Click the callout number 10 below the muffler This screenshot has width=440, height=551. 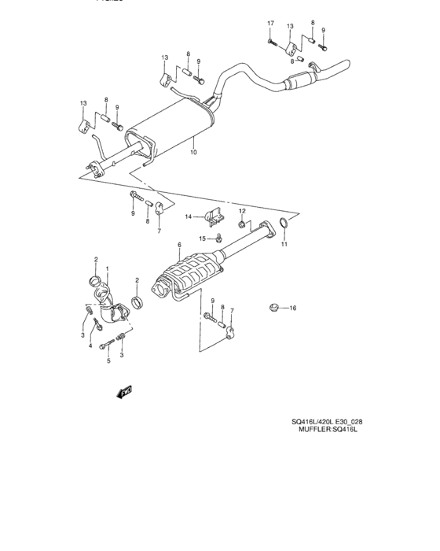click(x=193, y=153)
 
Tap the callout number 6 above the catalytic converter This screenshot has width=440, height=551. click(x=179, y=246)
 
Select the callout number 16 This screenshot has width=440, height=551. click(x=292, y=307)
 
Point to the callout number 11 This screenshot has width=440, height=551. click(x=284, y=245)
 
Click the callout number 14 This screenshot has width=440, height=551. click(x=189, y=216)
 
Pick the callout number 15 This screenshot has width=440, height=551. click(x=201, y=238)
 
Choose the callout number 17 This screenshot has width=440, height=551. click(x=269, y=23)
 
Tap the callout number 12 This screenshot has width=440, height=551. click(x=243, y=211)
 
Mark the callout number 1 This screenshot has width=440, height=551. click(x=107, y=270)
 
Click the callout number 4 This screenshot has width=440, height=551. click(x=91, y=346)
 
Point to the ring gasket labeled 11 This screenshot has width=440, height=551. click(x=286, y=229)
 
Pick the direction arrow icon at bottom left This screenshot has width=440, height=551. click(x=123, y=391)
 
